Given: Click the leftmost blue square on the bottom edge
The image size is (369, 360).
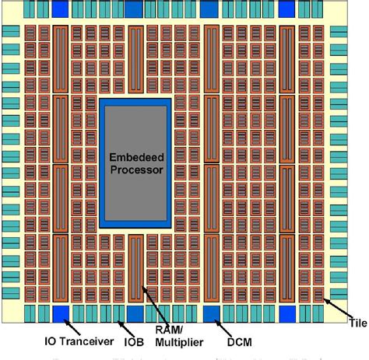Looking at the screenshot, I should pyautogui.click(x=60, y=314).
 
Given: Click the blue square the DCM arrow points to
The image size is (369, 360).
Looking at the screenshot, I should pyautogui.click(x=211, y=314).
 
